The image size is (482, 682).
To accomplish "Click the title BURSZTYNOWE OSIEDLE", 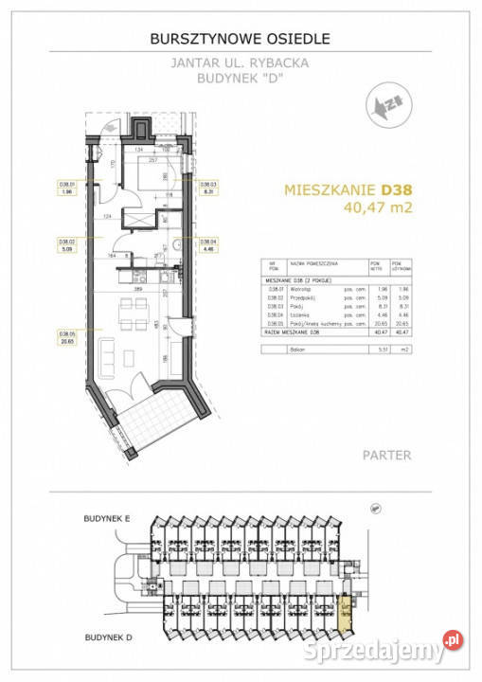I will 241,39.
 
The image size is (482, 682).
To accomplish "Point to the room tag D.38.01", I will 66,187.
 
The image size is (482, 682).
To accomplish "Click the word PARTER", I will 386,456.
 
